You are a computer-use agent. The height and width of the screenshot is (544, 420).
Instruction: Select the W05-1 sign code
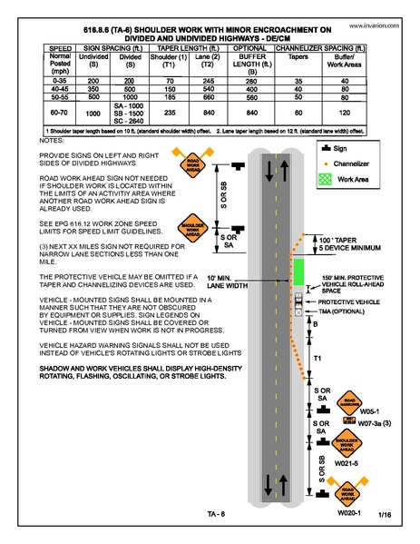tap(357, 410)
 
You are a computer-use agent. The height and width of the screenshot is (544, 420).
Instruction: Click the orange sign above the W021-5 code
tap(349, 444)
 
